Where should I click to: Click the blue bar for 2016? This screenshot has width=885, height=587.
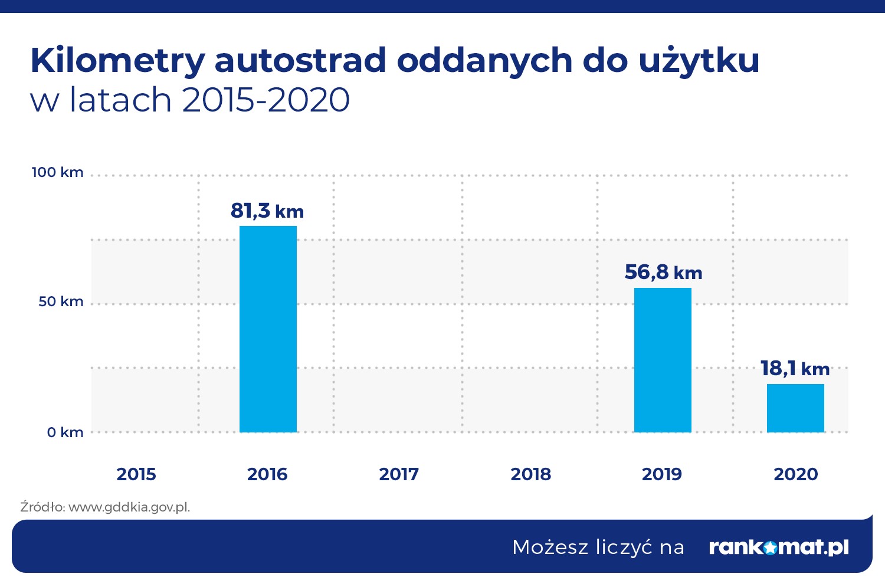(x=268, y=329)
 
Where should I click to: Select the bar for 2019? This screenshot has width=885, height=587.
(x=663, y=360)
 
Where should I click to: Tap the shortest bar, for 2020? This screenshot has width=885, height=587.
(x=795, y=408)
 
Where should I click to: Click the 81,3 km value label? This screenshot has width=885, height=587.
(x=267, y=211)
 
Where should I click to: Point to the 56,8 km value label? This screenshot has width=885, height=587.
(x=663, y=272)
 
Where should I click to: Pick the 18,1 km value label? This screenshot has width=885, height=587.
(x=795, y=369)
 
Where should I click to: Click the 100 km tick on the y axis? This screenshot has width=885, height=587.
(x=57, y=172)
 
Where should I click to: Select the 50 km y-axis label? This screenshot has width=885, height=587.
(x=61, y=301)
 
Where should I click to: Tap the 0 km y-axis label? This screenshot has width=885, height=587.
(x=65, y=432)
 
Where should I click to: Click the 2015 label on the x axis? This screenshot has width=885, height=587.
(x=136, y=474)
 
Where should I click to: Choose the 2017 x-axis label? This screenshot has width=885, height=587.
(x=399, y=474)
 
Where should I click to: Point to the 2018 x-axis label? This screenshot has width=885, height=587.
(x=530, y=474)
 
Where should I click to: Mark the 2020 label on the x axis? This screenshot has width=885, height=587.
(x=795, y=474)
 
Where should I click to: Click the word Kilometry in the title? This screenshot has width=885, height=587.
(x=117, y=61)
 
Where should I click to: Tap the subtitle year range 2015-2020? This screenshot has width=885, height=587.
(x=266, y=100)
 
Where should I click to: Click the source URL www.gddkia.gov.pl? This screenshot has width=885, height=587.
(x=129, y=507)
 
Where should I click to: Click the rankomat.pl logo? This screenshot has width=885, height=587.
(x=778, y=547)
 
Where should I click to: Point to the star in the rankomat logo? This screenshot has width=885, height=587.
(x=769, y=548)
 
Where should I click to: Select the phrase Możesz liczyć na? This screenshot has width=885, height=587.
(x=598, y=547)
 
